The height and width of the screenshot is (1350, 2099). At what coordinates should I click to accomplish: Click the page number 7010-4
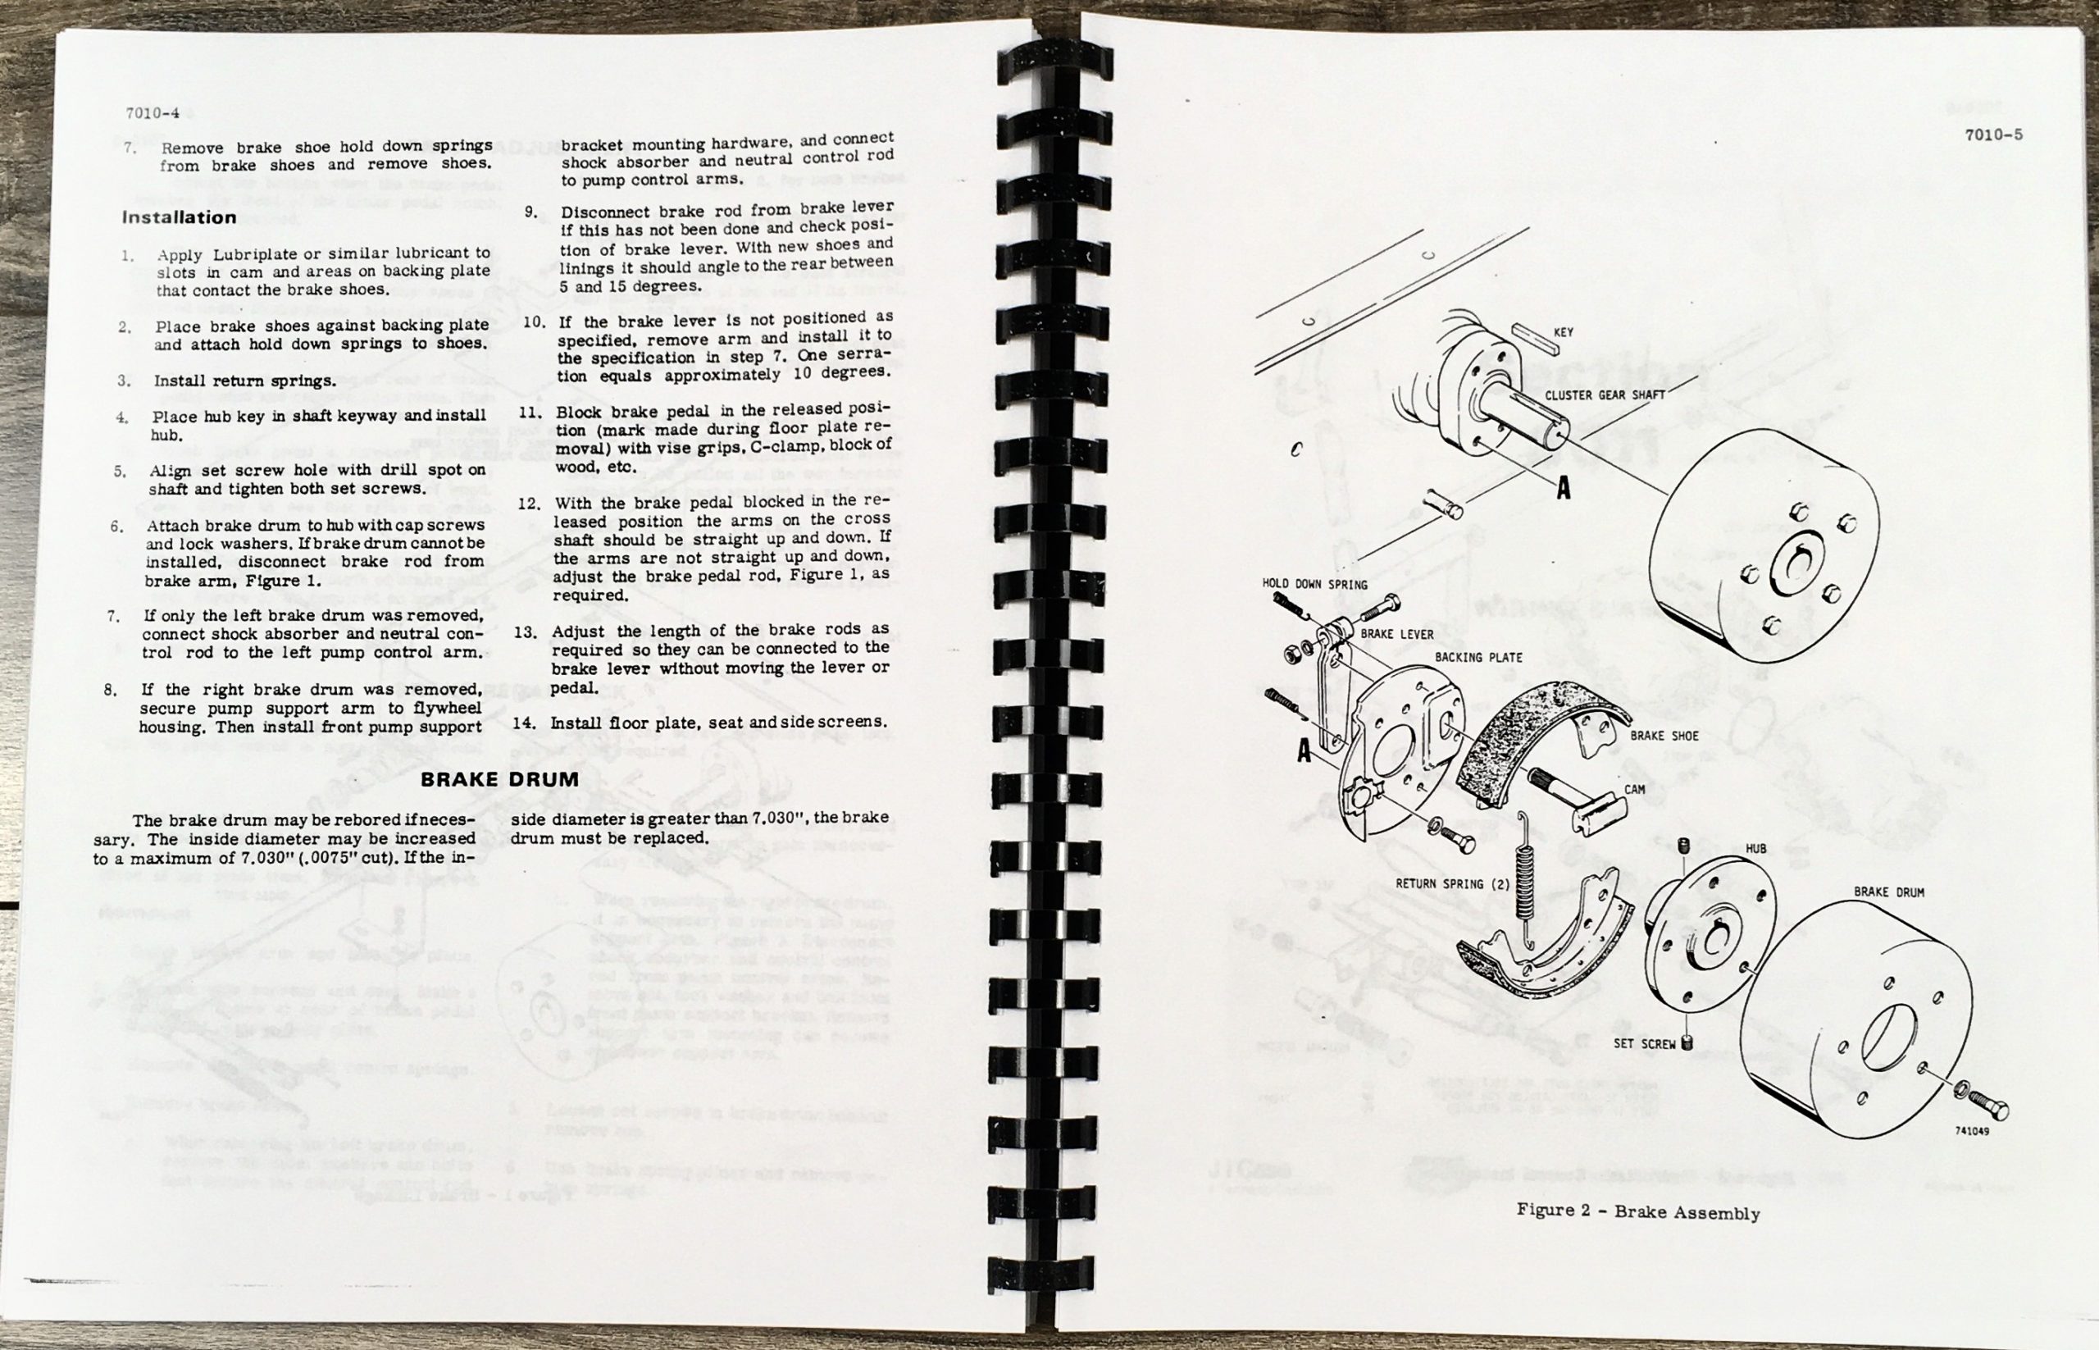pyautogui.click(x=152, y=113)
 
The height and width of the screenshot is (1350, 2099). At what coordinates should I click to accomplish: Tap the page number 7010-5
pyautogui.click(x=1993, y=135)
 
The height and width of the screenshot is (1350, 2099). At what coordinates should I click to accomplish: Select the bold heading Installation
pyautogui.click(x=179, y=217)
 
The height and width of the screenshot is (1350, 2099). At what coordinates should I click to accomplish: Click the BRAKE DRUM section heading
pyautogui.click(x=499, y=779)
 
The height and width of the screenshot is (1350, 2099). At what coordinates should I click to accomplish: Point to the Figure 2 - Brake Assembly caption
pyautogui.click(x=1638, y=1212)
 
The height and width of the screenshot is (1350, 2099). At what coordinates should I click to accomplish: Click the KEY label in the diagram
pyautogui.click(x=1563, y=332)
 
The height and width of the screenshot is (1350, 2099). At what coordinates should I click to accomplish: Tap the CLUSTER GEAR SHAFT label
pyautogui.click(x=1605, y=395)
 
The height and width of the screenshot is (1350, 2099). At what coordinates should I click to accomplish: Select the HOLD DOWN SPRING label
pyautogui.click(x=1314, y=584)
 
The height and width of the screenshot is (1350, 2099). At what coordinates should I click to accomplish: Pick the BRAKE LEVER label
pyautogui.click(x=1397, y=634)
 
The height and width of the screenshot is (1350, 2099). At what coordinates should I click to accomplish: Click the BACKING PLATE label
pyautogui.click(x=1478, y=658)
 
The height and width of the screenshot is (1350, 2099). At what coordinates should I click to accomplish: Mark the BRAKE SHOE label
pyautogui.click(x=1664, y=737)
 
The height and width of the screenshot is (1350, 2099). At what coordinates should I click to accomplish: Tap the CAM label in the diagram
pyautogui.click(x=1634, y=789)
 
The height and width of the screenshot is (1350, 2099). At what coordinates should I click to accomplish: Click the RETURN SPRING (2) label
pyautogui.click(x=1452, y=883)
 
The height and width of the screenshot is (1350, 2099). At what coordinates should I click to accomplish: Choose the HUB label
pyautogui.click(x=1755, y=849)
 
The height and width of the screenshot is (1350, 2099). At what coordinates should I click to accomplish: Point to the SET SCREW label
pyautogui.click(x=1644, y=1044)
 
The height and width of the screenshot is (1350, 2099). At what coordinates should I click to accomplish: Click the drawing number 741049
pyautogui.click(x=1971, y=1131)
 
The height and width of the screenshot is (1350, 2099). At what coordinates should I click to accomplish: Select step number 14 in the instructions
pyautogui.click(x=524, y=723)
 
